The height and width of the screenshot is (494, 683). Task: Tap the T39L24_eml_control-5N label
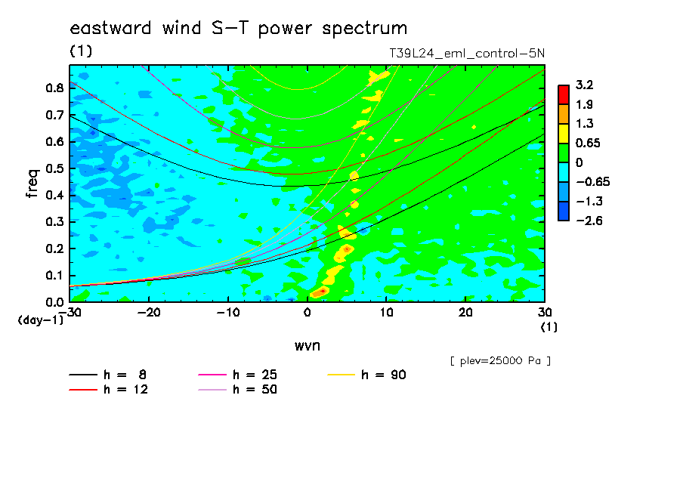pos(466,53)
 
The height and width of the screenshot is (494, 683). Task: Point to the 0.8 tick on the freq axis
pos(55,88)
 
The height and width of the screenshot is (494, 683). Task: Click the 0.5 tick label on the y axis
pos(55,168)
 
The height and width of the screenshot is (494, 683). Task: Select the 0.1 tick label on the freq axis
pos(55,276)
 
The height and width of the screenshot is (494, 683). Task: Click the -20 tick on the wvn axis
pos(149,313)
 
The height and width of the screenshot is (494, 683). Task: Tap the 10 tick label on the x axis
pos(386,313)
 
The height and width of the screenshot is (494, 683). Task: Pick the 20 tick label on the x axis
pos(465,313)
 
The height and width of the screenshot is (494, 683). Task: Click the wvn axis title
pos(308,346)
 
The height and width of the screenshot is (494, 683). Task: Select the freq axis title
pos(32,184)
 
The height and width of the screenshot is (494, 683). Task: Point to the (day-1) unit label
pos(41,320)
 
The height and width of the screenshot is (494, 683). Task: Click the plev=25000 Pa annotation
pos(500,361)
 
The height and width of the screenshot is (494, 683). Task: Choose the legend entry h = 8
pos(107,375)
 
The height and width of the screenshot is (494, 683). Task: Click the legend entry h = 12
pos(109,390)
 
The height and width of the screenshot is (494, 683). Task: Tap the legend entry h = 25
pos(237,375)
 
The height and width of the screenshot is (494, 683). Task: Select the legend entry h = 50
pos(237,390)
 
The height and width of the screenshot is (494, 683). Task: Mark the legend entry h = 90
pos(366,375)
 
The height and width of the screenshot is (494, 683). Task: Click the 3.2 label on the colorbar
pos(585,85)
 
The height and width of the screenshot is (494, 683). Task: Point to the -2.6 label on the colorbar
pos(589,221)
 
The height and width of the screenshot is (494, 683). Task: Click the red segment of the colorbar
pos(564,94)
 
